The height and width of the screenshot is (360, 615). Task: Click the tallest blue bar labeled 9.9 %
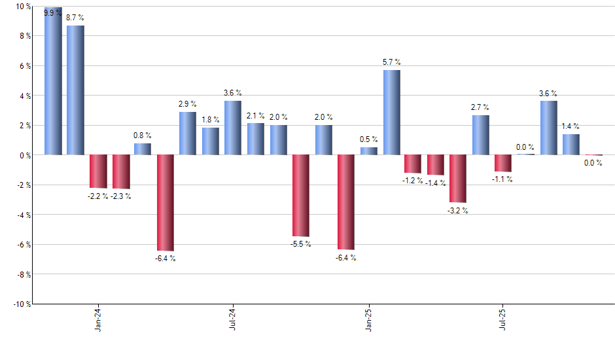(x=53, y=81)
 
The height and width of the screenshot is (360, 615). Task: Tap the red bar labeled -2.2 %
(x=98, y=171)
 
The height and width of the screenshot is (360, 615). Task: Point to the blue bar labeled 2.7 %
(x=480, y=135)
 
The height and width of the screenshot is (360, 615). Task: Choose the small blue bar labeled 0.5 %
(x=369, y=151)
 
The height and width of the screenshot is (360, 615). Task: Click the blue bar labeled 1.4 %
(x=571, y=145)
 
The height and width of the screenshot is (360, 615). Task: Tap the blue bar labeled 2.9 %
(x=188, y=134)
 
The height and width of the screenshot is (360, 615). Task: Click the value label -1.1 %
(x=502, y=179)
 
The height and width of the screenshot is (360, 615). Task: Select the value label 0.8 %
(x=143, y=135)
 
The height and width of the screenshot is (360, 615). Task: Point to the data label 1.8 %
(x=211, y=120)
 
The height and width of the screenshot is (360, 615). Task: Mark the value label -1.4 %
(x=436, y=183)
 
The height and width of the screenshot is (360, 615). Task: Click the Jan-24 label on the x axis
(x=98, y=320)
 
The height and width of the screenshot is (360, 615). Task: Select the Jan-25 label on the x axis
(x=369, y=320)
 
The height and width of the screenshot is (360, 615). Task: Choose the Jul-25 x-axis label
(x=503, y=320)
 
